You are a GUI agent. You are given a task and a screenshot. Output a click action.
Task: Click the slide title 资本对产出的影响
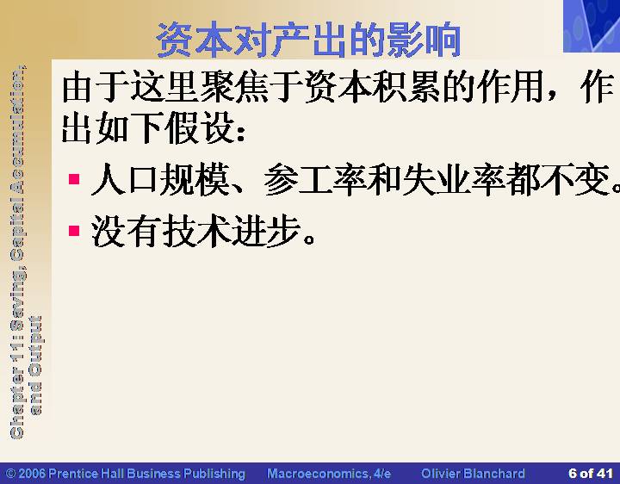pyautogui.click(x=309, y=40)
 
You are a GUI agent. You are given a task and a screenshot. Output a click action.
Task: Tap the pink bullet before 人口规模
pyautogui.click(x=74, y=179)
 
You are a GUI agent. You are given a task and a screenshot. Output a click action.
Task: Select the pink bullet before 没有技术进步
pyautogui.click(x=74, y=231)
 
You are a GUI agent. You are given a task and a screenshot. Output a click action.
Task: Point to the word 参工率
pyautogui.click(x=314, y=180)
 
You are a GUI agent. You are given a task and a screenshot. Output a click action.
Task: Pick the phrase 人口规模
pyautogui.click(x=160, y=180)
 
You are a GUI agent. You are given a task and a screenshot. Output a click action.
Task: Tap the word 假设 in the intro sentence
pyautogui.click(x=199, y=127)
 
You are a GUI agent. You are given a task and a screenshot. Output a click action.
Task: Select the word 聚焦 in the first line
pyautogui.click(x=234, y=87)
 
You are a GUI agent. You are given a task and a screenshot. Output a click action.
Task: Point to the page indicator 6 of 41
pyautogui.click(x=591, y=474)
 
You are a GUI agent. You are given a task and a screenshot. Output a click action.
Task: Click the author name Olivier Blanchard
pyautogui.click(x=473, y=474)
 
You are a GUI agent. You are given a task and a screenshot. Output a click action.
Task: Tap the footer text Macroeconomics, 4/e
pyautogui.click(x=329, y=474)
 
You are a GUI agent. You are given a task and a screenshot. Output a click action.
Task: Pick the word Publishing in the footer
pyautogui.click(x=214, y=474)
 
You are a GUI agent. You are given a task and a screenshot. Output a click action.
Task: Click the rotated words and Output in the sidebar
pyautogui.click(x=34, y=365)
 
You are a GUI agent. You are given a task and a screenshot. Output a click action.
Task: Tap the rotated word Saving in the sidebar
pyautogui.click(x=17, y=299)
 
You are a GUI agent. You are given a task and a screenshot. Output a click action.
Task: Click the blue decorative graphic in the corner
pyautogui.click(x=592, y=26)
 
